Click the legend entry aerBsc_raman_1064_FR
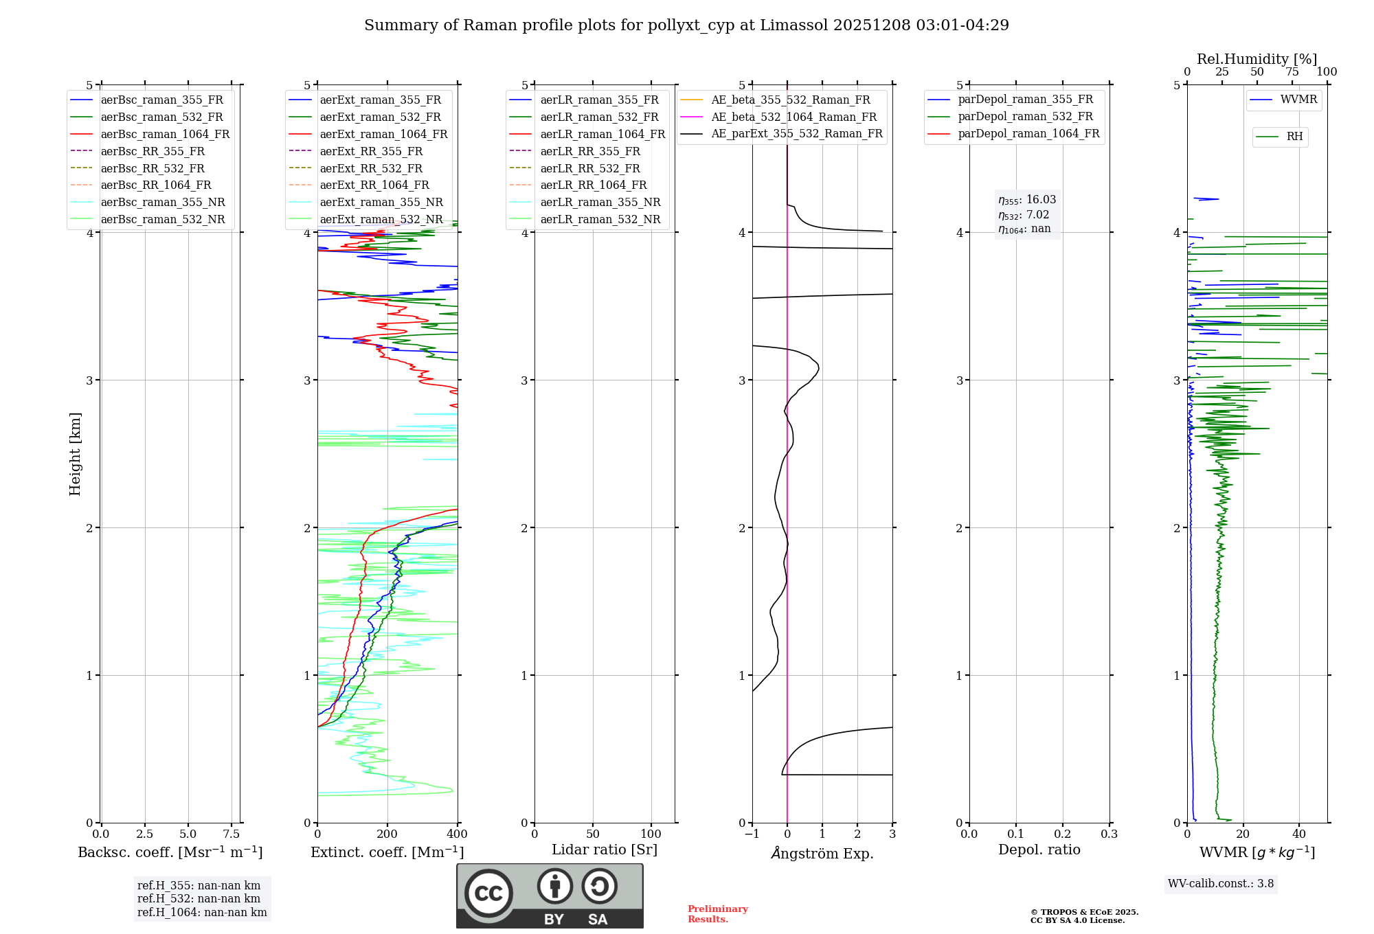click(x=165, y=135)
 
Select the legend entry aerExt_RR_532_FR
click(x=371, y=168)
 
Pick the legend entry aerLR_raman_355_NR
click(x=600, y=203)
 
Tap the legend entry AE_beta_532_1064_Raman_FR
click(x=793, y=117)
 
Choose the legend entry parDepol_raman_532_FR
click(x=1025, y=117)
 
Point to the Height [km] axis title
click(x=75, y=454)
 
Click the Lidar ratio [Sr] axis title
click(x=605, y=850)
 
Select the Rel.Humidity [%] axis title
click(x=1257, y=59)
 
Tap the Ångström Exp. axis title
click(x=822, y=854)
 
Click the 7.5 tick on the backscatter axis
click(x=232, y=834)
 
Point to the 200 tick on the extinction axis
click(x=387, y=834)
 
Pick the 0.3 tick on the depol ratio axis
click(x=1110, y=834)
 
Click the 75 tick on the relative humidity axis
click(x=1292, y=72)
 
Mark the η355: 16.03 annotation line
click(x=1027, y=200)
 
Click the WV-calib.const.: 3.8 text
click(x=1221, y=884)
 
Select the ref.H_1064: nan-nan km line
click(x=202, y=913)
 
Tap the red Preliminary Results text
click(x=717, y=914)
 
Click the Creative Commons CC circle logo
click(x=488, y=893)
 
